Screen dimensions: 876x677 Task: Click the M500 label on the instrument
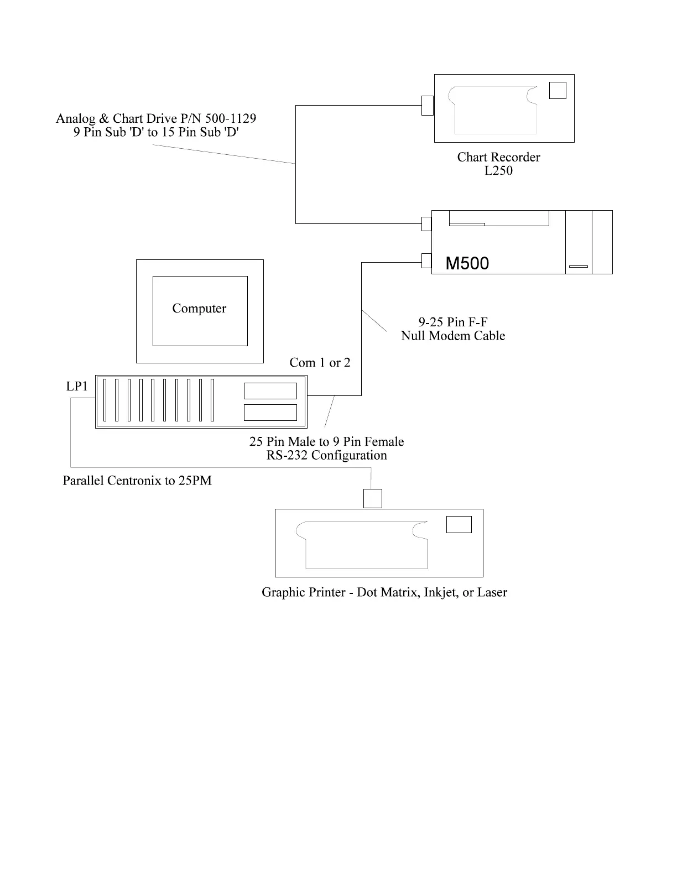[x=467, y=263]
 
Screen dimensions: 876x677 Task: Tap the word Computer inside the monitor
[x=199, y=309]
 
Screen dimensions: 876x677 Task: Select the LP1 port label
[x=77, y=387]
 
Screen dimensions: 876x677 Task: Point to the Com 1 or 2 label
[x=320, y=363]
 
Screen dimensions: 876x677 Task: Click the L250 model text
[x=498, y=171]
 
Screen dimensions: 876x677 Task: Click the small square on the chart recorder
[x=558, y=90]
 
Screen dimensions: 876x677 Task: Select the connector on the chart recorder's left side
[x=427, y=105]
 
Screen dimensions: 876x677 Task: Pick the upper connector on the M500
[x=426, y=223]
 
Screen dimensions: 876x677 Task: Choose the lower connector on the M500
[x=426, y=260]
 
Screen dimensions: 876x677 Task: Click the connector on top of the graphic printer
[x=373, y=498]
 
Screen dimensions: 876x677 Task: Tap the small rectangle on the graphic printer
[x=459, y=524]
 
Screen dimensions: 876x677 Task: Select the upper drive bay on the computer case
[x=270, y=391]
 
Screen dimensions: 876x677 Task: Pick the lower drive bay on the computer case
[x=270, y=413]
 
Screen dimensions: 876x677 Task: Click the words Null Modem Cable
[x=453, y=336]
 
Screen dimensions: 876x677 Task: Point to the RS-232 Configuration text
[x=326, y=456]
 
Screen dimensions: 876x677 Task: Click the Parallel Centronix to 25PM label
[x=137, y=481]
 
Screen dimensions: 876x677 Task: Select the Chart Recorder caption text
[x=498, y=157]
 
